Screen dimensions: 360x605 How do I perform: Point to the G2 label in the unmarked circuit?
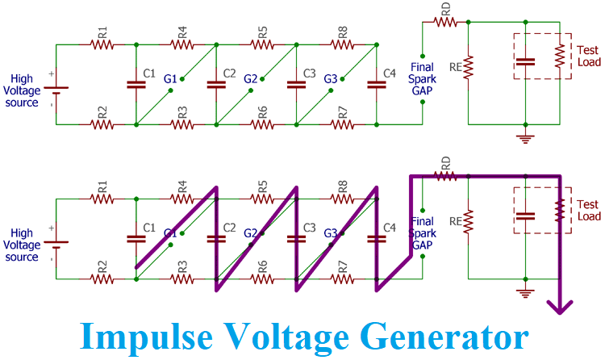[251, 79]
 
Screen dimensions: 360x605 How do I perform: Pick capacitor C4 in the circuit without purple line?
[374, 84]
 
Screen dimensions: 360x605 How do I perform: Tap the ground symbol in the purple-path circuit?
[526, 292]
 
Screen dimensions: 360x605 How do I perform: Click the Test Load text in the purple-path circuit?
[589, 211]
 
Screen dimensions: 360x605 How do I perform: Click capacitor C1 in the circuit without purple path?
[136, 84]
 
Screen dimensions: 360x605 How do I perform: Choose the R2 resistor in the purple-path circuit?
[102, 279]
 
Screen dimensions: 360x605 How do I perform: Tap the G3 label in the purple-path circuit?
[330, 233]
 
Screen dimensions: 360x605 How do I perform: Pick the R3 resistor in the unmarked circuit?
[182, 124]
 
